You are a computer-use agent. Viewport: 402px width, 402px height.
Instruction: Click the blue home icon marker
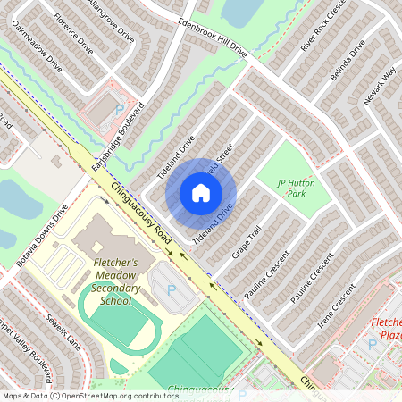pos(201,193)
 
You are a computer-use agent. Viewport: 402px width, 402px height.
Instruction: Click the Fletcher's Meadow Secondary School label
pos(117,281)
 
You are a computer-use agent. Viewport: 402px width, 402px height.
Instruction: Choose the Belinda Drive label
pos(348,63)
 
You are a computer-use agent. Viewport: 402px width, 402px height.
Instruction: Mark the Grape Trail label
pos(247,244)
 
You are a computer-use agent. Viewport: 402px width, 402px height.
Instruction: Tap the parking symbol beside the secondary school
pos(172,289)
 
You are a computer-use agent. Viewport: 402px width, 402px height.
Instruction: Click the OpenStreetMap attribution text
pos(90,395)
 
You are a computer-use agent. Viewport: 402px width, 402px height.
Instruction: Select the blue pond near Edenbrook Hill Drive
pos(238,11)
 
